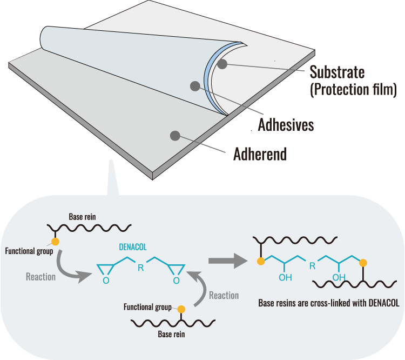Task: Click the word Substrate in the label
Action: (337, 71)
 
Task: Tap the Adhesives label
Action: (286, 125)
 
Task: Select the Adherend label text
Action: (260, 155)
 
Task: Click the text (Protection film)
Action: (353, 89)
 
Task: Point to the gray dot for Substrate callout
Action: (222, 64)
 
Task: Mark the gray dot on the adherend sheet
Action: (174, 135)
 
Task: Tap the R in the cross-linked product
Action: (312, 265)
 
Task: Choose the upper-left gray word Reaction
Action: (40, 277)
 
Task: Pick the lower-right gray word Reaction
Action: (224, 295)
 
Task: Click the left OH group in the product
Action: (285, 278)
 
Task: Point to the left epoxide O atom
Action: (105, 281)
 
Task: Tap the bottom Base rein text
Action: (172, 335)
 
